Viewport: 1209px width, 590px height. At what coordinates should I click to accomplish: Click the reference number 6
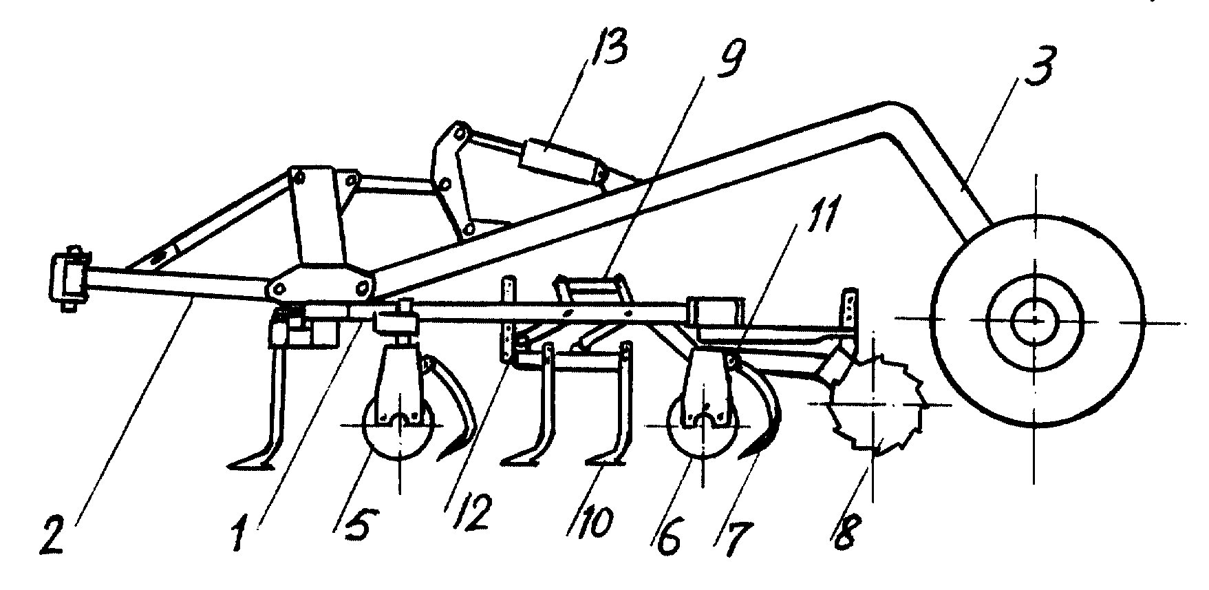click(666, 536)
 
